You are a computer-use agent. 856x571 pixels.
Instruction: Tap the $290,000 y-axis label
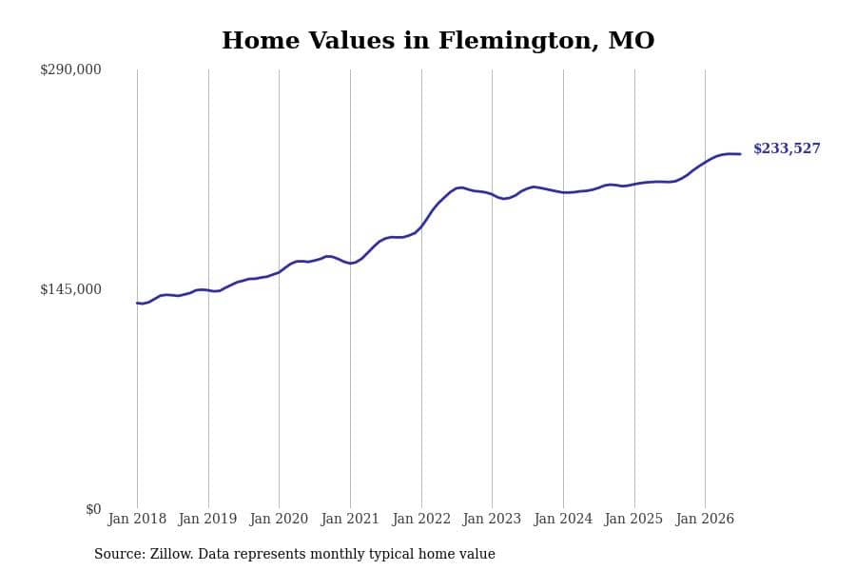pyautogui.click(x=70, y=69)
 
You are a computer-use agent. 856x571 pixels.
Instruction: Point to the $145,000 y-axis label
pyautogui.click(x=70, y=289)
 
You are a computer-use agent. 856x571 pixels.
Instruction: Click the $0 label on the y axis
pyautogui.click(x=93, y=509)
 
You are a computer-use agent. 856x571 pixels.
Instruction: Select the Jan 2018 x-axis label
pyautogui.click(x=137, y=519)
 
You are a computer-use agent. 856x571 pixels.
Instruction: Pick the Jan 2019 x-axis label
pyautogui.click(x=208, y=519)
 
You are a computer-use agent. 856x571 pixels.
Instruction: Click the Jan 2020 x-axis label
pyautogui.click(x=279, y=519)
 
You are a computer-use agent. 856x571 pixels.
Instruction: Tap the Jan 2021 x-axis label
pyautogui.click(x=350, y=519)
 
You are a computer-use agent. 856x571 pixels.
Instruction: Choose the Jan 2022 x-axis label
pyautogui.click(x=421, y=519)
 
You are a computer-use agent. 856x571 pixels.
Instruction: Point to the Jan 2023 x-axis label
pyautogui.click(x=492, y=519)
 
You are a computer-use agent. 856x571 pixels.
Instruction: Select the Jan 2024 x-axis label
pyautogui.click(x=563, y=519)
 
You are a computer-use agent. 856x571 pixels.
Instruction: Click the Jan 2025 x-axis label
pyautogui.click(x=633, y=519)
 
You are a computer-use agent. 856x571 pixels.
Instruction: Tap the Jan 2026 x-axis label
pyautogui.click(x=705, y=519)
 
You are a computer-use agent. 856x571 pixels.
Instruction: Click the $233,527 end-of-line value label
pyautogui.click(x=787, y=148)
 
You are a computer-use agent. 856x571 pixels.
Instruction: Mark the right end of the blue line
pyautogui.click(x=740, y=154)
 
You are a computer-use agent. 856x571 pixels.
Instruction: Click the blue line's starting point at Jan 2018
pyautogui.click(x=137, y=303)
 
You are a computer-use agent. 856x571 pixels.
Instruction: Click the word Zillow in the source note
pyautogui.click(x=171, y=554)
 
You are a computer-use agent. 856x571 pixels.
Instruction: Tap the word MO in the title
pyautogui.click(x=632, y=41)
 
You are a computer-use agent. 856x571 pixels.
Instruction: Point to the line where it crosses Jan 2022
pyautogui.click(x=421, y=226)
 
